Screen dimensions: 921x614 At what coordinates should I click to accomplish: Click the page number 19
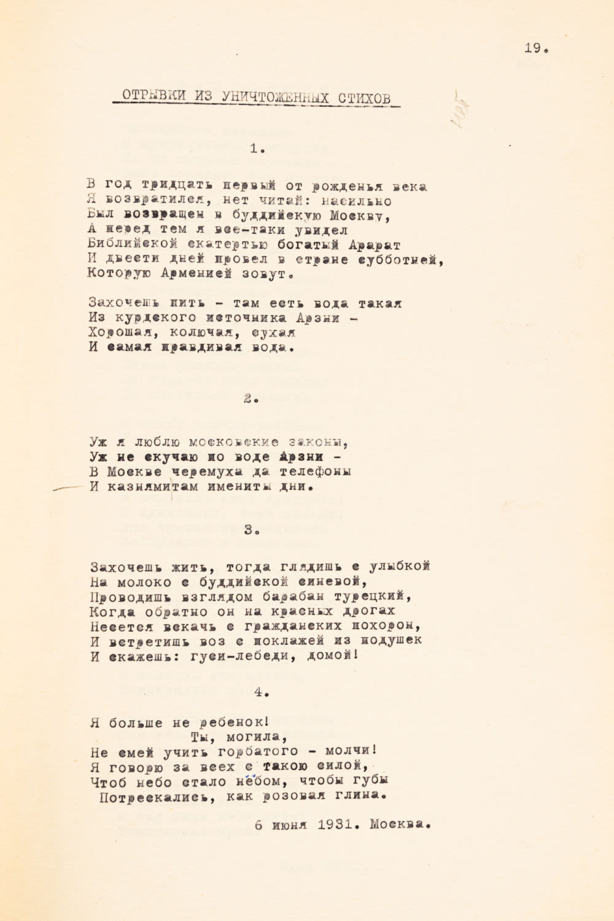point(535,49)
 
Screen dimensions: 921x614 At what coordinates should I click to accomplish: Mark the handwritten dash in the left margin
point(68,488)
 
